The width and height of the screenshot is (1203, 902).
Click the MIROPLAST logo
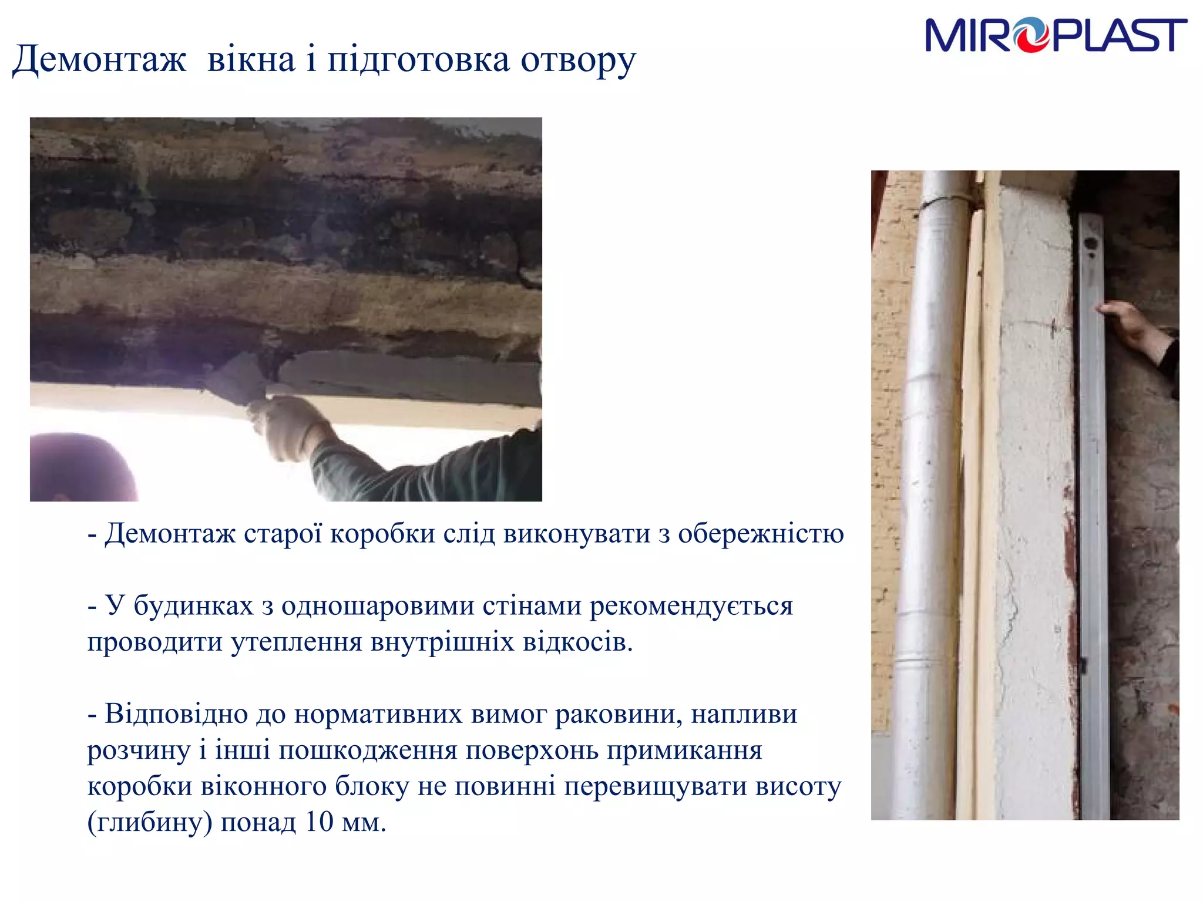1055,35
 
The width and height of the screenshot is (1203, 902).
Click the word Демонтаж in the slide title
99,60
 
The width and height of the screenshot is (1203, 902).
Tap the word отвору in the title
578,60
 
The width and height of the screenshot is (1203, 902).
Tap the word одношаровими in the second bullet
378,606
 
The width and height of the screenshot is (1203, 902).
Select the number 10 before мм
319,822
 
